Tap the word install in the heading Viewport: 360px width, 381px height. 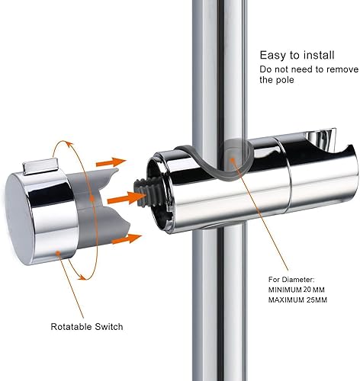tap(319, 55)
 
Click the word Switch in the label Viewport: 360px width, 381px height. tap(109, 327)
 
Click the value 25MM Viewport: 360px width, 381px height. tap(317, 300)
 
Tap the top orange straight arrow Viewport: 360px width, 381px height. tap(111, 162)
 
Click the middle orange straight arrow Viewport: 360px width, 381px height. tap(127, 198)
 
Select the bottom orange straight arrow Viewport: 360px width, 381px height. tap(127, 239)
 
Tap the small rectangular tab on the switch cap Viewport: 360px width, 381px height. tap(40, 166)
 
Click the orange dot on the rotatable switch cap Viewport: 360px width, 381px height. tap(58, 253)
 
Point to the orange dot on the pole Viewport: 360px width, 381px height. tap(232, 160)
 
